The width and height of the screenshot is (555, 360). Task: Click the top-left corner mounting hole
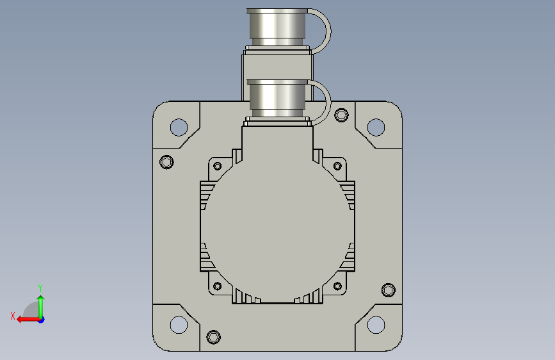click(x=179, y=127)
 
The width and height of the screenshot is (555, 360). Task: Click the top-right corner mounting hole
click(x=376, y=127)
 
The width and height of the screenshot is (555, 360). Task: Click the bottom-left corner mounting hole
click(x=179, y=325)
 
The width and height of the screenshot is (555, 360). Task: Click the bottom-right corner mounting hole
click(x=376, y=325)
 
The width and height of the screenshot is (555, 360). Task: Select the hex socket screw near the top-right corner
click(x=341, y=115)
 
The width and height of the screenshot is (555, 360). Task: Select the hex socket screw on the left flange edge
click(x=166, y=162)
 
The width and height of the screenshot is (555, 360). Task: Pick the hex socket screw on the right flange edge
click(x=389, y=290)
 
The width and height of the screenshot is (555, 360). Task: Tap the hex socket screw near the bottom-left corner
click(x=213, y=337)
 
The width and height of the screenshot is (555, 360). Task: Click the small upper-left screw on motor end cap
click(x=218, y=166)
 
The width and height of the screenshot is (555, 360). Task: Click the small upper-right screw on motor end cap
click(x=337, y=166)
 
